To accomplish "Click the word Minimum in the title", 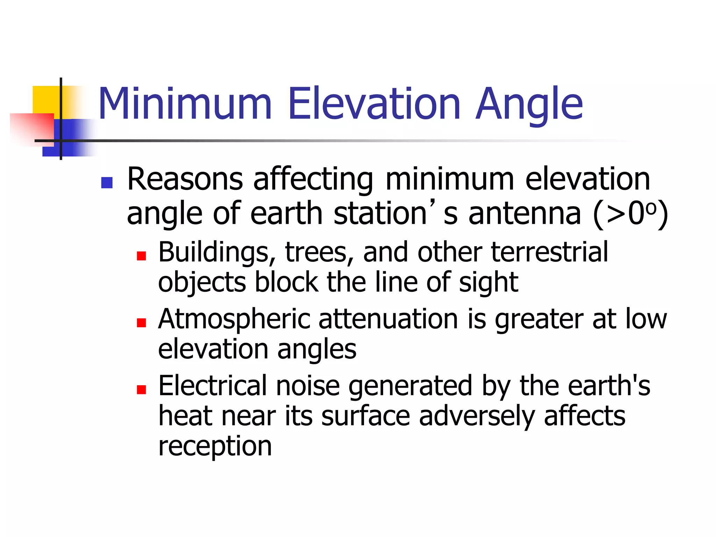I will click(x=185, y=104).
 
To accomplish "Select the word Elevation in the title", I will click(x=374, y=104).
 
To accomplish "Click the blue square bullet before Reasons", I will click(x=107, y=182).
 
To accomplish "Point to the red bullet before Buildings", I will click(x=141, y=256).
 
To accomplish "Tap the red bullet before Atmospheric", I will click(x=141, y=322).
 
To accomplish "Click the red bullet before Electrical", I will click(x=141, y=389).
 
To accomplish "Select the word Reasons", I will click(x=185, y=179).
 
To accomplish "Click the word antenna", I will click(x=524, y=214).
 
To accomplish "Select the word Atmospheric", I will click(x=234, y=319).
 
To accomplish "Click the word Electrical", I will click(x=213, y=386).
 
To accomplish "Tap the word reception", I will click(x=215, y=446).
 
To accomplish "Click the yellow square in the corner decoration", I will click(x=45, y=100).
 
